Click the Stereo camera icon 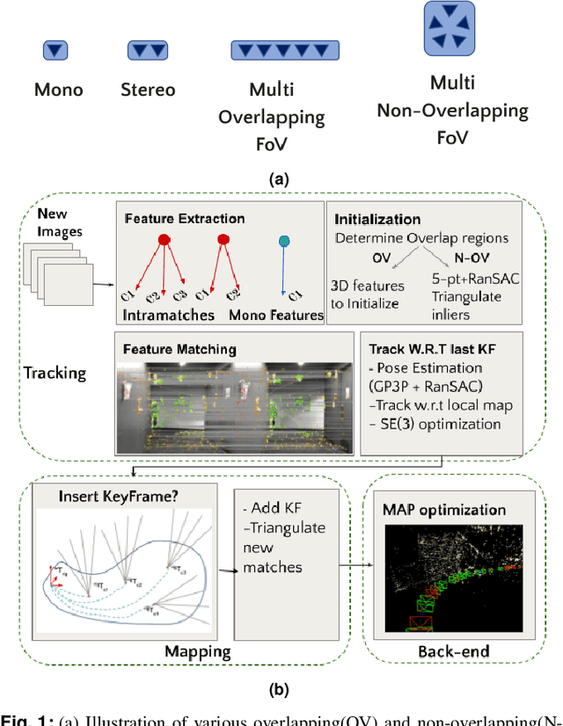tap(148, 50)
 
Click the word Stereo tap(148, 90)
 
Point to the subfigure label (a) tap(279, 179)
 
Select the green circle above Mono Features tap(282, 241)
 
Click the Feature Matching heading tap(179, 349)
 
